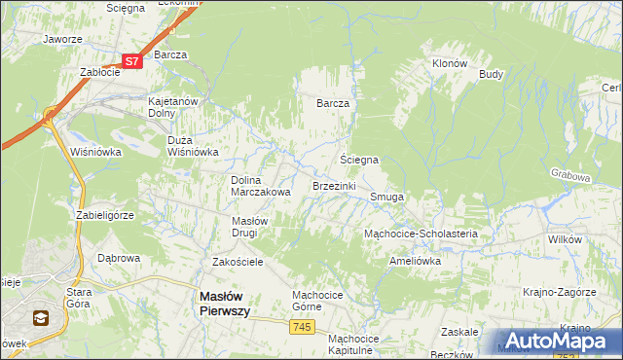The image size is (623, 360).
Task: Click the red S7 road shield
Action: coord(133,61)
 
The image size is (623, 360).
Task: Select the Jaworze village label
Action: coord(61,40)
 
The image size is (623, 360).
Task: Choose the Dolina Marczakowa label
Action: coord(261,186)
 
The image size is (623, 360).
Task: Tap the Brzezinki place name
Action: coord(334,185)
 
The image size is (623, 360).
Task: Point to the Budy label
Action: coord(491,74)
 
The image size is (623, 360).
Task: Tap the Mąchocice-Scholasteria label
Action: coord(420,234)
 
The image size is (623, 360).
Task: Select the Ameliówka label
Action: coord(415,261)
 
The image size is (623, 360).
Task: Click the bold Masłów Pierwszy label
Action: coord(225,303)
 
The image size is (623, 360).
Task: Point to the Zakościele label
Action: coord(238,262)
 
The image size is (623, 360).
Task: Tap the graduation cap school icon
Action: coord(41,317)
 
